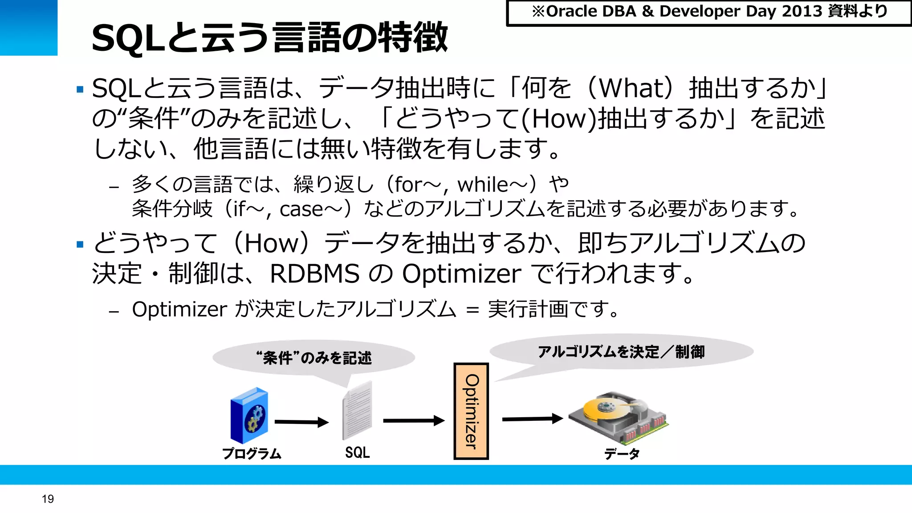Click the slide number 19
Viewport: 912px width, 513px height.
[48, 499]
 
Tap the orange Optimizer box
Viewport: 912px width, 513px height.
[471, 411]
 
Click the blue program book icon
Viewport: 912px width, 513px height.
[249, 415]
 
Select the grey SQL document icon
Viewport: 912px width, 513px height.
[357, 411]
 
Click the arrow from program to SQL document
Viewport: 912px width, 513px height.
[301, 422]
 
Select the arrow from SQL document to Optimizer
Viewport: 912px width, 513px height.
[414, 420]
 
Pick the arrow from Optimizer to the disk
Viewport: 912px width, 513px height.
[533, 419]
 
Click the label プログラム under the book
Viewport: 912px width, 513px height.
[252, 453]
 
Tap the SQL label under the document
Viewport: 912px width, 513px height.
[357, 452]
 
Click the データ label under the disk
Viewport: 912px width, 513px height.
[622, 453]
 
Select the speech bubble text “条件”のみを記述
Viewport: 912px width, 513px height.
[314, 358]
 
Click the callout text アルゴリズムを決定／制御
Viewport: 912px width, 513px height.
[621, 352]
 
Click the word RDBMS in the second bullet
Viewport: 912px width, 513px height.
[314, 273]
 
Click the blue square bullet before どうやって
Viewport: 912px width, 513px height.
[80, 244]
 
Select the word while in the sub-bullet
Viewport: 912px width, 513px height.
[483, 184]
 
